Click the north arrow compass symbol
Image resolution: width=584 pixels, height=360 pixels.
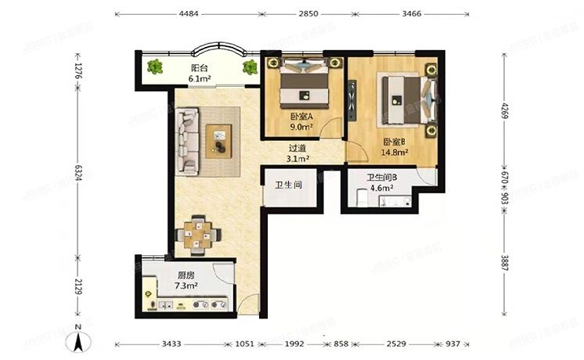point(78,341)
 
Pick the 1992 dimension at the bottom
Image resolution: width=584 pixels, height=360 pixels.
point(294,344)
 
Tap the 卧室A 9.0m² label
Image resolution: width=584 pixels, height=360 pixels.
point(301,122)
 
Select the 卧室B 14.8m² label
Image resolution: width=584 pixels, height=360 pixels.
point(395,147)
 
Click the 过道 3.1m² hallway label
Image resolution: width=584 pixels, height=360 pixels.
point(297,153)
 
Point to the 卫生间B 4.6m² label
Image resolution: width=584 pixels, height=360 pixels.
point(382,183)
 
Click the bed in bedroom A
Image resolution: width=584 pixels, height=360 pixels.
point(301,85)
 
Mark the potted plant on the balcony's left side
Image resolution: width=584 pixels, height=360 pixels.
point(155,67)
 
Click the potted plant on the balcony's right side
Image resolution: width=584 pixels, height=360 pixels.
point(251,67)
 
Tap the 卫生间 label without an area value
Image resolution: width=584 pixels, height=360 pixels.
point(287,185)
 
